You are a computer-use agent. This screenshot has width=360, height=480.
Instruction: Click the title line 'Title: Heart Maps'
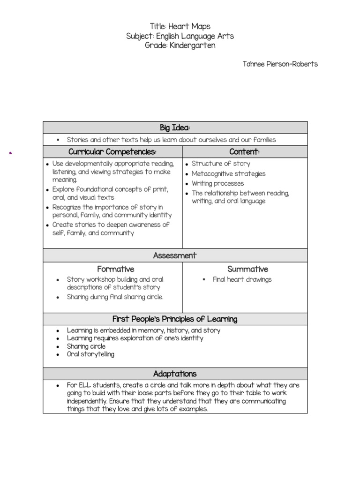(180, 27)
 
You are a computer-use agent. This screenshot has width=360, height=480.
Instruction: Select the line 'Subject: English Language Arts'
(180, 36)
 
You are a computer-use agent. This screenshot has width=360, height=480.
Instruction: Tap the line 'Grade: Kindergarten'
(180, 45)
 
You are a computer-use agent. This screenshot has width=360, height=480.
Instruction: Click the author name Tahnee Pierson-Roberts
(280, 64)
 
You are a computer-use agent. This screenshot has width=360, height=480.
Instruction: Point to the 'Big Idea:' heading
(175, 128)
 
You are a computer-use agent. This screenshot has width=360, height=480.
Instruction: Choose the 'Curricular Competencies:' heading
(112, 152)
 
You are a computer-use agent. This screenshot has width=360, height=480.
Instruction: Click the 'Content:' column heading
(244, 152)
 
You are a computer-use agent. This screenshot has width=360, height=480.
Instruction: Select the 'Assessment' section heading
(175, 255)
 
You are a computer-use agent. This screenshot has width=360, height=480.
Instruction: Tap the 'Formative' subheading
(115, 269)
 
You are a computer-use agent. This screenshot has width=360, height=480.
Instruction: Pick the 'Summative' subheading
(247, 269)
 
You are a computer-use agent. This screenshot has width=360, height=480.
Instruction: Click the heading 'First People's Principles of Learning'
(175, 319)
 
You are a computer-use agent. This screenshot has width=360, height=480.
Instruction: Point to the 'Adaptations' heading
(175, 374)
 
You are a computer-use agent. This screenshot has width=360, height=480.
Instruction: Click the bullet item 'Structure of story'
(221, 164)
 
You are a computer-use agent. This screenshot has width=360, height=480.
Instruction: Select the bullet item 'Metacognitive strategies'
(228, 174)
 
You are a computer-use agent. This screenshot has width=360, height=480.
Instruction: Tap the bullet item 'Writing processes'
(217, 183)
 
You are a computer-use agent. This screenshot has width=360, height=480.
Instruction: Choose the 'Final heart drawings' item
(242, 279)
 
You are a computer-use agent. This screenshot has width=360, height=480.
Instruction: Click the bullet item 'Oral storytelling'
(90, 354)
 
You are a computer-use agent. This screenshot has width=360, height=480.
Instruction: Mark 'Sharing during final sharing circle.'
(115, 297)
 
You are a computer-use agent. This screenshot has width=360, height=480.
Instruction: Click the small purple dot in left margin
(10, 153)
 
